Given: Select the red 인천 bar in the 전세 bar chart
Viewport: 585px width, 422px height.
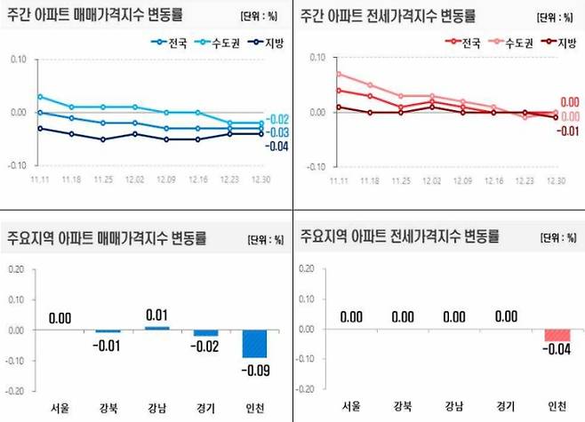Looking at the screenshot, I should (x=557, y=335).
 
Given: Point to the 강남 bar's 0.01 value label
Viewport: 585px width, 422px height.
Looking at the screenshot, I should (x=156, y=315).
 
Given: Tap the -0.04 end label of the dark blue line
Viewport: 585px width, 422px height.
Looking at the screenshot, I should (x=276, y=147).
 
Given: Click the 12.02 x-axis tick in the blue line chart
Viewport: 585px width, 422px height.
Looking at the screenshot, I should (x=135, y=178).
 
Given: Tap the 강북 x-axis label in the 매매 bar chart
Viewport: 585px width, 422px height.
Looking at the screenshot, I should (x=108, y=407).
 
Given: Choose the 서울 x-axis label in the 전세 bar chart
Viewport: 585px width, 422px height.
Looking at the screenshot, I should (x=351, y=407).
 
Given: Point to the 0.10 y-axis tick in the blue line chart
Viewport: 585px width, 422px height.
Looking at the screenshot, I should (x=17, y=59).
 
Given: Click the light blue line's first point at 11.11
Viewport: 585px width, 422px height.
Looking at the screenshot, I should (x=39, y=96).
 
